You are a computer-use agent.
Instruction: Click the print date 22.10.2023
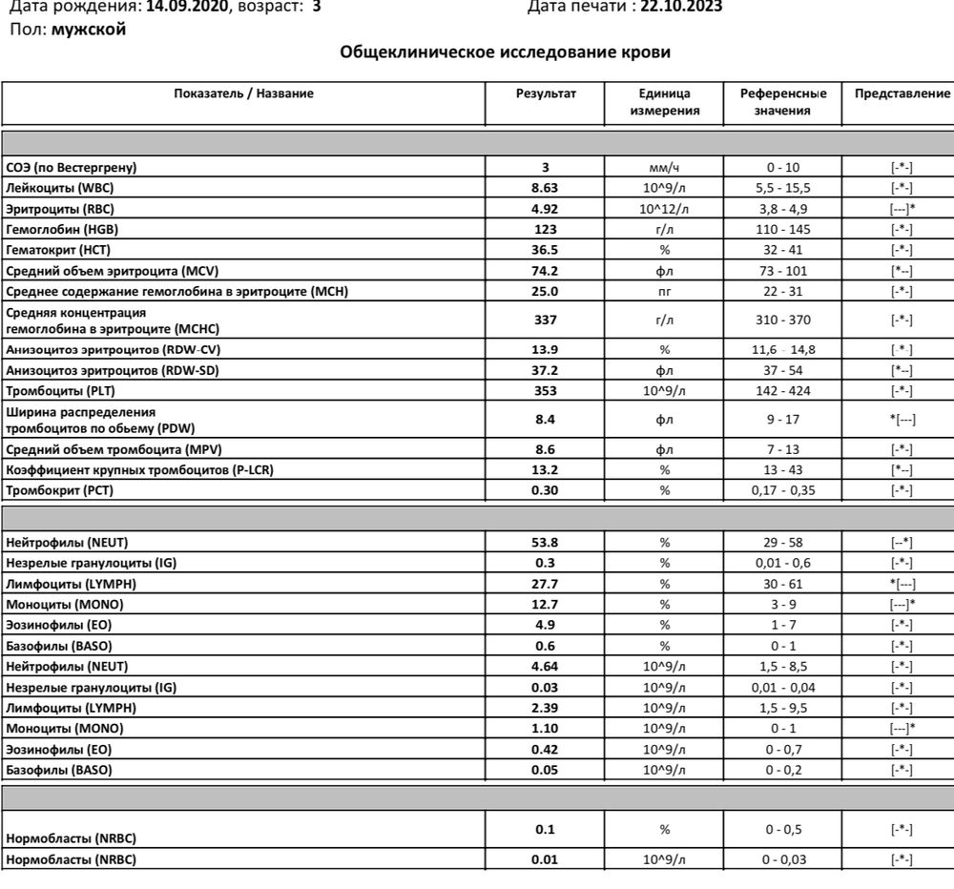pyautogui.click(x=680, y=8)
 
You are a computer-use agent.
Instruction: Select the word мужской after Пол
pyautogui.click(x=88, y=29)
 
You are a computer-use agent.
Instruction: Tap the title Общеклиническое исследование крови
pyautogui.click(x=506, y=52)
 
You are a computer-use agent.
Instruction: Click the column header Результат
pyautogui.click(x=546, y=93)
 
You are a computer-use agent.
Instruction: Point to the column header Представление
pyautogui.click(x=902, y=93)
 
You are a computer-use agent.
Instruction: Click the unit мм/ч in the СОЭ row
pyautogui.click(x=665, y=168)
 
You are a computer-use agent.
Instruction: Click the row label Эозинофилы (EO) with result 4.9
pyautogui.click(x=58, y=625)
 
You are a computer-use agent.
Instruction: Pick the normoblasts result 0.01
pyautogui.click(x=545, y=860)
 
